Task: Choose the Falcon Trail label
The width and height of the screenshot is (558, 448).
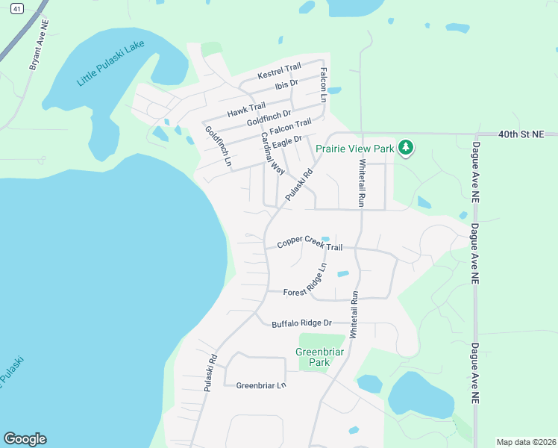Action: tap(290, 128)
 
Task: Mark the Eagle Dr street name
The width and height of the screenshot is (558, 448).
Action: tap(286, 140)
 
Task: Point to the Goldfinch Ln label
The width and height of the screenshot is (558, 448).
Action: tap(219, 146)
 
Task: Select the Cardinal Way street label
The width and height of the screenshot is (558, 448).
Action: tap(272, 153)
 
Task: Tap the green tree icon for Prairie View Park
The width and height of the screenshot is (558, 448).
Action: tap(406, 147)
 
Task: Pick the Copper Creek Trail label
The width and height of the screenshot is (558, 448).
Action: tap(310, 243)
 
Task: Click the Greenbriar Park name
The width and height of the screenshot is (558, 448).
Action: tap(312, 357)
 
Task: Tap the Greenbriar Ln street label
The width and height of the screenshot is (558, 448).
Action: tap(261, 385)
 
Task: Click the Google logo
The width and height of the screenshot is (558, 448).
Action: tap(25, 439)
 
